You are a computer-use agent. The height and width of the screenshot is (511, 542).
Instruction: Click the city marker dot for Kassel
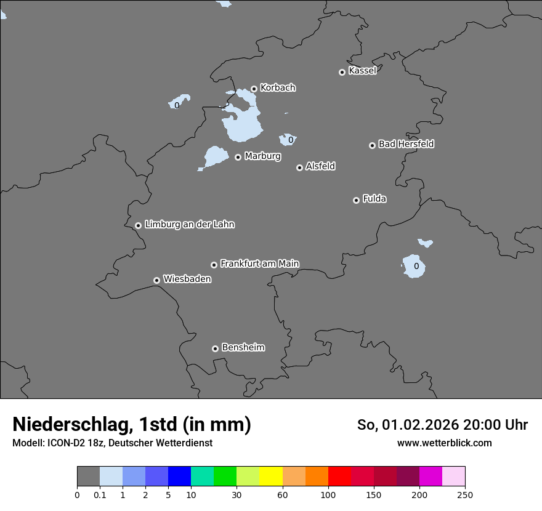click(342, 72)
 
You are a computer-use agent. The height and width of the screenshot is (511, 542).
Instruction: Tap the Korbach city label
click(278, 88)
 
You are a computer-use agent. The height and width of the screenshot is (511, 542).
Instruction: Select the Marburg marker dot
click(238, 157)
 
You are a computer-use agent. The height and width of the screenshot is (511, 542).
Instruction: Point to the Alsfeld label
click(320, 166)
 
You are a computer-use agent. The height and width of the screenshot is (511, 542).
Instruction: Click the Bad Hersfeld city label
click(406, 144)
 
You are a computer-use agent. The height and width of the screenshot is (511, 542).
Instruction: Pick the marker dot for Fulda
click(356, 200)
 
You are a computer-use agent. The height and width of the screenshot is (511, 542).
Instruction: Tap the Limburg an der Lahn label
click(189, 225)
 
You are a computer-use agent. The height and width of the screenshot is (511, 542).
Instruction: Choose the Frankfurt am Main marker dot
click(214, 265)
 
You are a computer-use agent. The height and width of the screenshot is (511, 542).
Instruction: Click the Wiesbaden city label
click(187, 280)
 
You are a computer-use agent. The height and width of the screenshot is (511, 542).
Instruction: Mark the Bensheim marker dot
click(215, 348)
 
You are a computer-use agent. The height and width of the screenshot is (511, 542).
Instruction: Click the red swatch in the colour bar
click(339, 477)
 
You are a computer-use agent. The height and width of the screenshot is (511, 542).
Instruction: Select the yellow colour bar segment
click(271, 477)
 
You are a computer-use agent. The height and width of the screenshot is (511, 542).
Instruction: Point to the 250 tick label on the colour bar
click(465, 494)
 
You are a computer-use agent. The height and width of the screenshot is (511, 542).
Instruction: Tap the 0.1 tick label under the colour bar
click(100, 494)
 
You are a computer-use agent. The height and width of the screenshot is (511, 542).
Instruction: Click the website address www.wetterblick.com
click(444, 443)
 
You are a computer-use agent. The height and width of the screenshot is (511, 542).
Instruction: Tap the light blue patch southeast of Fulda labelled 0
click(414, 266)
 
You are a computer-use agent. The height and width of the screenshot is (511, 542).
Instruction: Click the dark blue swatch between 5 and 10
click(179, 477)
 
